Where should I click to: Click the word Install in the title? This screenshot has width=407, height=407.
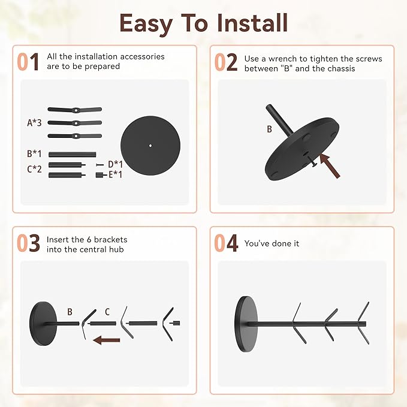pyautogui.click(x=252, y=23)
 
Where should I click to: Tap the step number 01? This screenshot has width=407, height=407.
pyautogui.click(x=28, y=62)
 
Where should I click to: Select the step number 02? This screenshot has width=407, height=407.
pyautogui.click(x=226, y=62)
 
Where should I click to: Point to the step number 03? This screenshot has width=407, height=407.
pyautogui.click(x=28, y=243)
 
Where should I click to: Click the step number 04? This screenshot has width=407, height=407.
pyautogui.click(x=226, y=243)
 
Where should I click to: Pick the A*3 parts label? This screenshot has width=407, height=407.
pyautogui.click(x=34, y=122)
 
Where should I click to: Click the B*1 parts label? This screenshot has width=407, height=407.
pyautogui.click(x=34, y=153)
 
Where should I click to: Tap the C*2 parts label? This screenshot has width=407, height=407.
pyautogui.click(x=34, y=169)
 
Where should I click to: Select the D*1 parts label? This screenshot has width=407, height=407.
pyautogui.click(x=115, y=164)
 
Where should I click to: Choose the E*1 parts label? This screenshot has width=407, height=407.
pyautogui.click(x=115, y=174)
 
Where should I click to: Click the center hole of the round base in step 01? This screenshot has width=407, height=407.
pyautogui.click(x=150, y=146)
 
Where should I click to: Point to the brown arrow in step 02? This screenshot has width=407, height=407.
pyautogui.click(x=330, y=165)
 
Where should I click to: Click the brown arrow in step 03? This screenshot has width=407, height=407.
pyautogui.click(x=107, y=340)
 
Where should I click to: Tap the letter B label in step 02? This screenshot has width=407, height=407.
pyautogui.click(x=269, y=129)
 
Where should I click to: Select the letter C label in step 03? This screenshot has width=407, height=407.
pyautogui.click(x=107, y=312)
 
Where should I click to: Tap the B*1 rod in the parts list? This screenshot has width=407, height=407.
pyautogui.click(x=72, y=155)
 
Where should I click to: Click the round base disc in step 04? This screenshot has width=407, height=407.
pyautogui.click(x=246, y=324)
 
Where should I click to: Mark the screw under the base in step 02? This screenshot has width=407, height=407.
pyautogui.click(x=312, y=161)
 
